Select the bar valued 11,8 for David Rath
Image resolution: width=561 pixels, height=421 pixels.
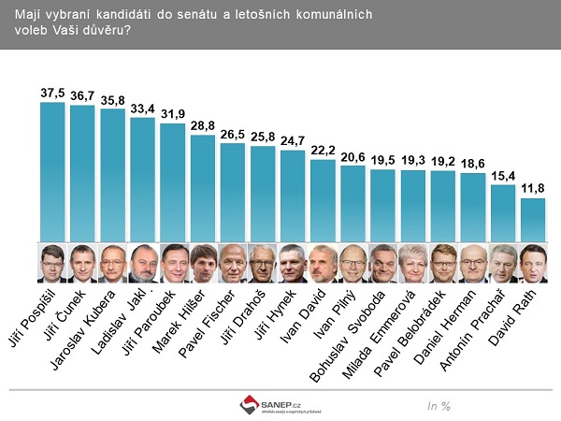click(x=532, y=220)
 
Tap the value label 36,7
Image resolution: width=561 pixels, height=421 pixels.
click(x=83, y=97)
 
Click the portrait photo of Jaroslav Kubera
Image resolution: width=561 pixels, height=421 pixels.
click(x=112, y=264)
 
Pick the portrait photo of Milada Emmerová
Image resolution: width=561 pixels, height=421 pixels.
click(x=412, y=264)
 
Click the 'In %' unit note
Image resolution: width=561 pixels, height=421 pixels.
click(x=439, y=405)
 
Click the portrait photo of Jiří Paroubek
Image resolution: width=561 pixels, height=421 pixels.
click(x=173, y=264)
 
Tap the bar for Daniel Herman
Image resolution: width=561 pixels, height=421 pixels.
click(x=472, y=207)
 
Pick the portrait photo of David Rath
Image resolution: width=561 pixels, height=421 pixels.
click(x=532, y=264)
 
